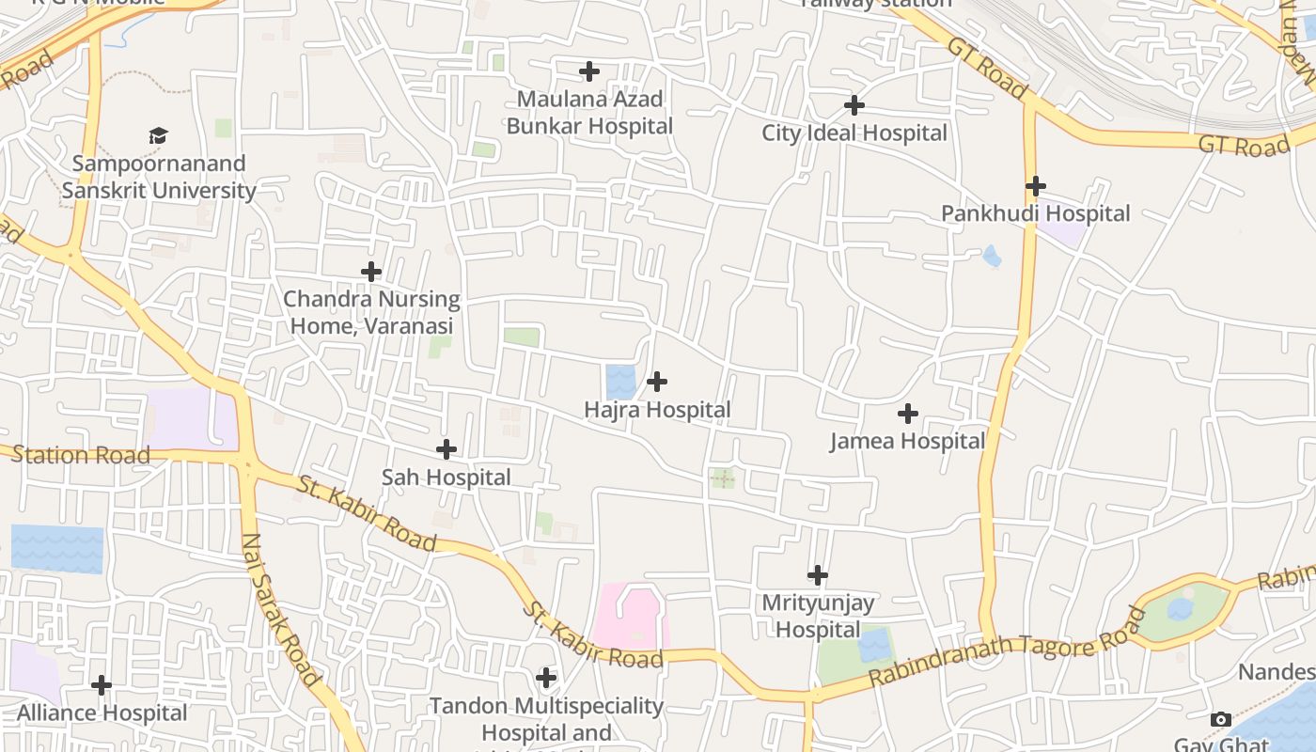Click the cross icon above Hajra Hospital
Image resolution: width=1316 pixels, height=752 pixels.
657,382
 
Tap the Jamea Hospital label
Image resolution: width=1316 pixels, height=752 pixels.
907,441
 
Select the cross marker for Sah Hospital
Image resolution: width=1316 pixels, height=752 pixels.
446,449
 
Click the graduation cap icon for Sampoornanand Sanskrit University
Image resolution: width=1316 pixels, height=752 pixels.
158,136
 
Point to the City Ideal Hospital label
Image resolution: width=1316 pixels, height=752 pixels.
854,133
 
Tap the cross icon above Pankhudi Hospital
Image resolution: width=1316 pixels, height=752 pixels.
1035,186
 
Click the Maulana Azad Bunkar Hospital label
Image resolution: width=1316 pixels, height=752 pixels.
589,112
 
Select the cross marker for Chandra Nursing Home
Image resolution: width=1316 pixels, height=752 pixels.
371,272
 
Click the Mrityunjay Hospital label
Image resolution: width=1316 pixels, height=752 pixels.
818,616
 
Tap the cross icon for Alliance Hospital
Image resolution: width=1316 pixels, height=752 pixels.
102,684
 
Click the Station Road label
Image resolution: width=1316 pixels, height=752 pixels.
81,456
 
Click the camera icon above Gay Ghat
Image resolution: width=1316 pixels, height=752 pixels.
1221,719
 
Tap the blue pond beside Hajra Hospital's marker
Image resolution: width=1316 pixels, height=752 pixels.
620,382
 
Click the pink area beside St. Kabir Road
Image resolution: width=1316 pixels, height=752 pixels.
627,617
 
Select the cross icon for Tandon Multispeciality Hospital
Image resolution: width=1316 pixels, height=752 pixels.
546,677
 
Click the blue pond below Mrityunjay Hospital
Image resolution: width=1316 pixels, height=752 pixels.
874,645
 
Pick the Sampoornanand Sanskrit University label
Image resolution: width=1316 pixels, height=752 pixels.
159,177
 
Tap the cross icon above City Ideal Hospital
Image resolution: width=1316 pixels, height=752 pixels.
854,104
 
